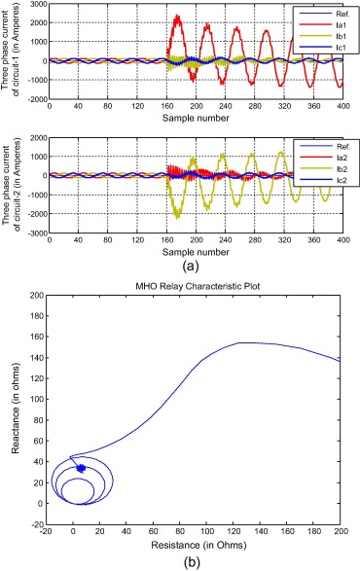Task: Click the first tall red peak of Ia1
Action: (x=176, y=17)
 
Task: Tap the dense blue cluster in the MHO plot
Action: (x=81, y=469)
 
